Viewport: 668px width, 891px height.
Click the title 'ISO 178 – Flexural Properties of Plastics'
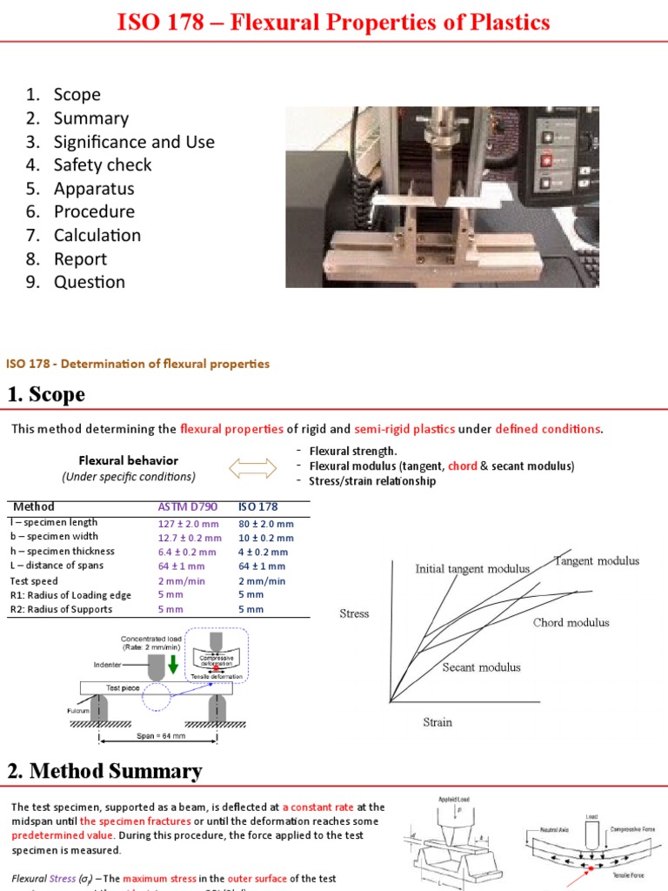[x=334, y=22]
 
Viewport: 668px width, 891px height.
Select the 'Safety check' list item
[x=102, y=165]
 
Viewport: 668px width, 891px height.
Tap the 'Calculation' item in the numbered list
[x=97, y=235]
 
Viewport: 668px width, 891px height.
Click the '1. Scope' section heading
[x=47, y=394]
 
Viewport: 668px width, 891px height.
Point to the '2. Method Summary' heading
[x=105, y=771]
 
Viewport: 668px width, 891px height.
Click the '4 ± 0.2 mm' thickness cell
[x=263, y=552]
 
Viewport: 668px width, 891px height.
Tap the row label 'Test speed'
[x=34, y=580]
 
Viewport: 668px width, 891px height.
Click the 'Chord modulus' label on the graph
[x=571, y=622]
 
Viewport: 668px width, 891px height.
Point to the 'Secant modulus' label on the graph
[x=481, y=667]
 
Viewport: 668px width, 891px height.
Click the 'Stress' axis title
[x=354, y=613]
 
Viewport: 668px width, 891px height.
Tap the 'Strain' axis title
[x=437, y=722]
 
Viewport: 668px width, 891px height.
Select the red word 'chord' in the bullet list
[x=462, y=466]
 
